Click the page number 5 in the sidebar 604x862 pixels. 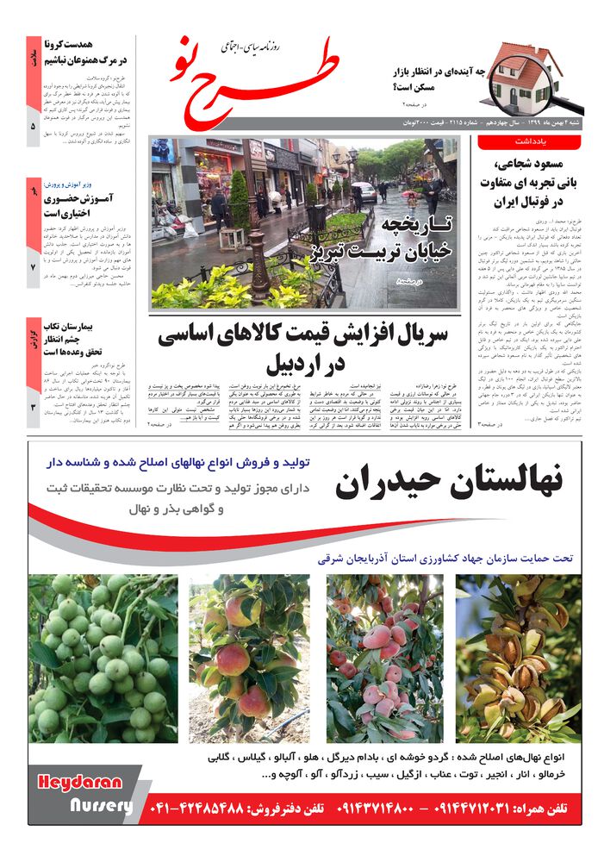point(33,126)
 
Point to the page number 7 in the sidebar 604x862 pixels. point(33,267)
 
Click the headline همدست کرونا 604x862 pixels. point(90,52)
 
